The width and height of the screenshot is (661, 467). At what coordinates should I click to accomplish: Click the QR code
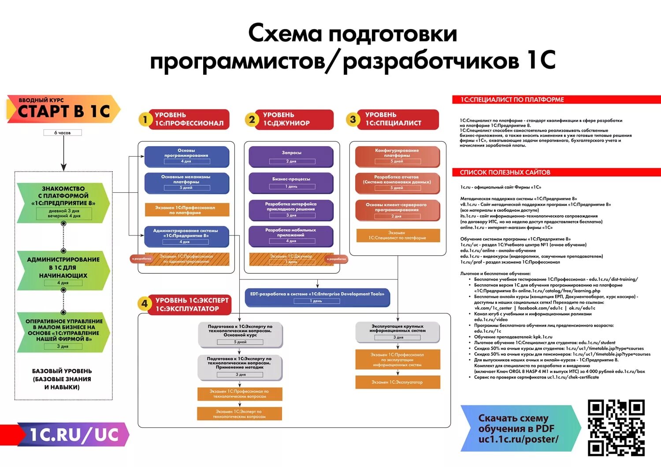[x=616, y=427]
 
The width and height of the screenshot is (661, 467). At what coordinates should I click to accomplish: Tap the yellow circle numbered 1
[x=145, y=119]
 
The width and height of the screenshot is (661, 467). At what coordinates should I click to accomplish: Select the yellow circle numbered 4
[x=145, y=304]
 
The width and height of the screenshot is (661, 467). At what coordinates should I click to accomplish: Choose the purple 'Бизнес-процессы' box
[x=291, y=183]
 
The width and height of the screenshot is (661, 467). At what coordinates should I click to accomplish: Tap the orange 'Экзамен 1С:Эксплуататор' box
[x=397, y=382]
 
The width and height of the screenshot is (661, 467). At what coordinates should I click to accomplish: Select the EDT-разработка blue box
[x=317, y=297]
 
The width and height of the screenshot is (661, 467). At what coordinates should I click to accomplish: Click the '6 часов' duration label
[x=63, y=132]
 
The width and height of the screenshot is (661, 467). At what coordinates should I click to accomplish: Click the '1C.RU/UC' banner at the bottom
[x=73, y=434]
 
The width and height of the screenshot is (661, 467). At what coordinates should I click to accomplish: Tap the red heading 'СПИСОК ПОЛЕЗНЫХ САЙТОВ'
[x=505, y=172]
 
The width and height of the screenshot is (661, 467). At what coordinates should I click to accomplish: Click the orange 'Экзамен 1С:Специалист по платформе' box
[x=397, y=235]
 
